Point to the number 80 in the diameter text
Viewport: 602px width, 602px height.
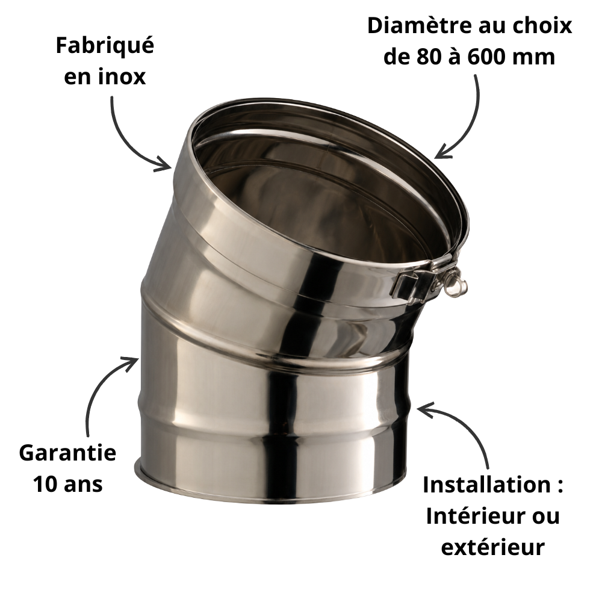click(429, 57)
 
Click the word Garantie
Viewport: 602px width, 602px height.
click(67, 453)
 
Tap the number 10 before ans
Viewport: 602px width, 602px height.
click(45, 484)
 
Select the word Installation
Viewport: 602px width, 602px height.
click(486, 485)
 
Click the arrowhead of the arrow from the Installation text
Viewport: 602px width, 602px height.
click(423, 409)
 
